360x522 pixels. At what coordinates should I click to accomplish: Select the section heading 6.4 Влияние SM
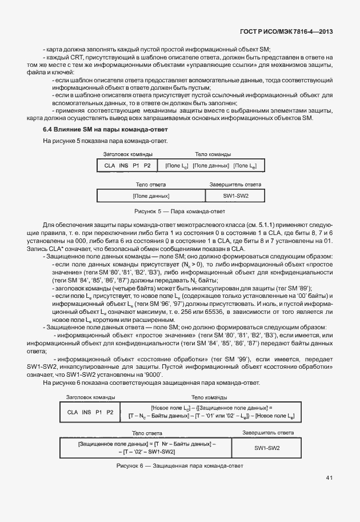point(105,129)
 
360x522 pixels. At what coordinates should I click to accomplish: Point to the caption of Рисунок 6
point(179,465)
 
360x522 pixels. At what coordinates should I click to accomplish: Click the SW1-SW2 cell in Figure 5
point(235,196)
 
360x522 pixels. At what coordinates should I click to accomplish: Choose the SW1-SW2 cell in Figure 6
point(267,447)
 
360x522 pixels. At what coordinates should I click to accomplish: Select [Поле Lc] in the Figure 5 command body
point(177,165)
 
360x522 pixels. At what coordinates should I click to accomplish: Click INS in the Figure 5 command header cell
point(123,165)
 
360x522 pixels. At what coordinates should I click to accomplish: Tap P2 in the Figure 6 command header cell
point(110,412)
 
